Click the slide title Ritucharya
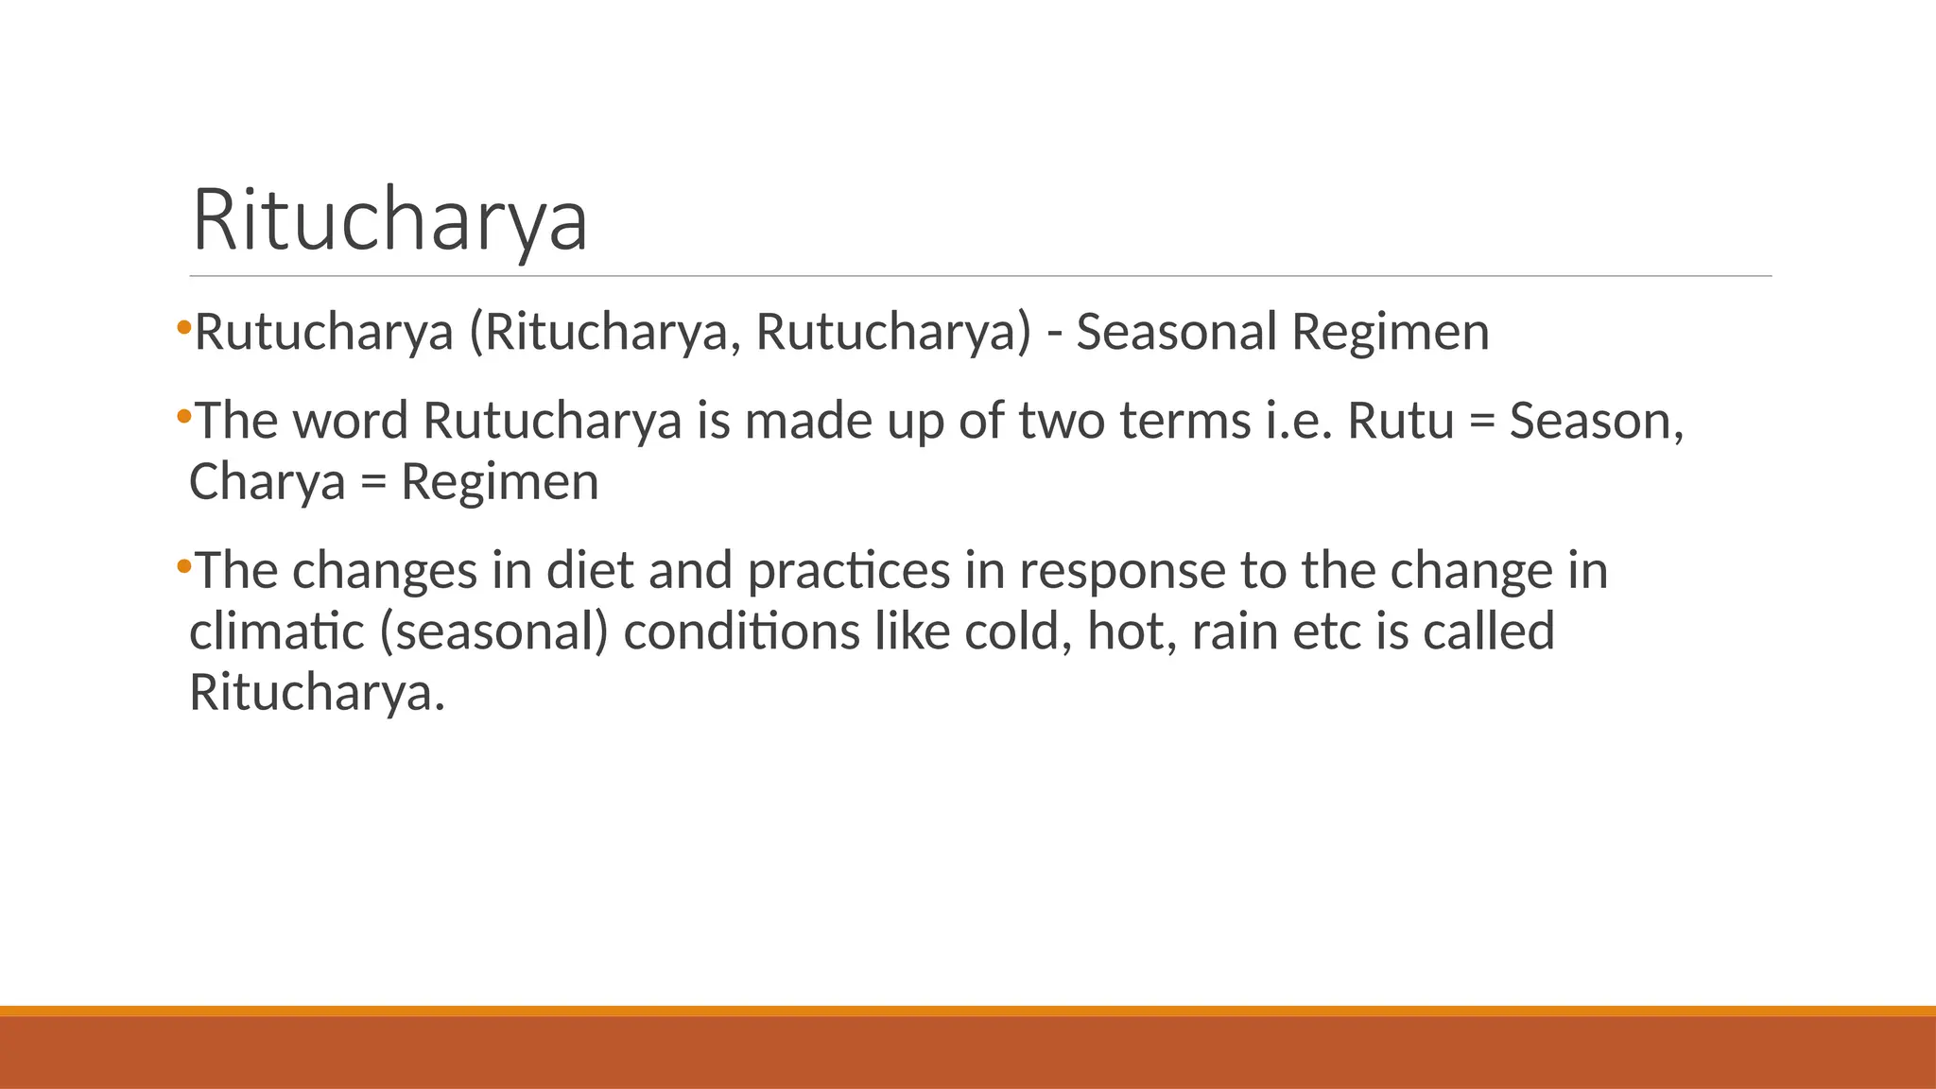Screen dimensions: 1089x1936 pyautogui.click(x=389, y=221)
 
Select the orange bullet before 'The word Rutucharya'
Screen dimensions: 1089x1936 pyautogui.click(x=183, y=416)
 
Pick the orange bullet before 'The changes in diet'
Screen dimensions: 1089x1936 pyautogui.click(x=183, y=567)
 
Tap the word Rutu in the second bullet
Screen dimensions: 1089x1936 pyautogui.click(x=1400, y=421)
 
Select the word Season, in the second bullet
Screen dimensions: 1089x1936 pyautogui.click(x=1596, y=421)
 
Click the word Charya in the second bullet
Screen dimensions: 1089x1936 pyautogui.click(x=268, y=482)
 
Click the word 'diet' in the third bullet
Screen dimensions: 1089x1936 pyautogui.click(x=590, y=571)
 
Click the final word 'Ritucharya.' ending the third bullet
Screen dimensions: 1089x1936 pyautogui.click(x=317, y=692)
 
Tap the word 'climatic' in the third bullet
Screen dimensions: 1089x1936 pyautogui.click(x=276, y=631)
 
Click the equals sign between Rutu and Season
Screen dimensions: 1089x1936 pyautogui.click(x=1481, y=422)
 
